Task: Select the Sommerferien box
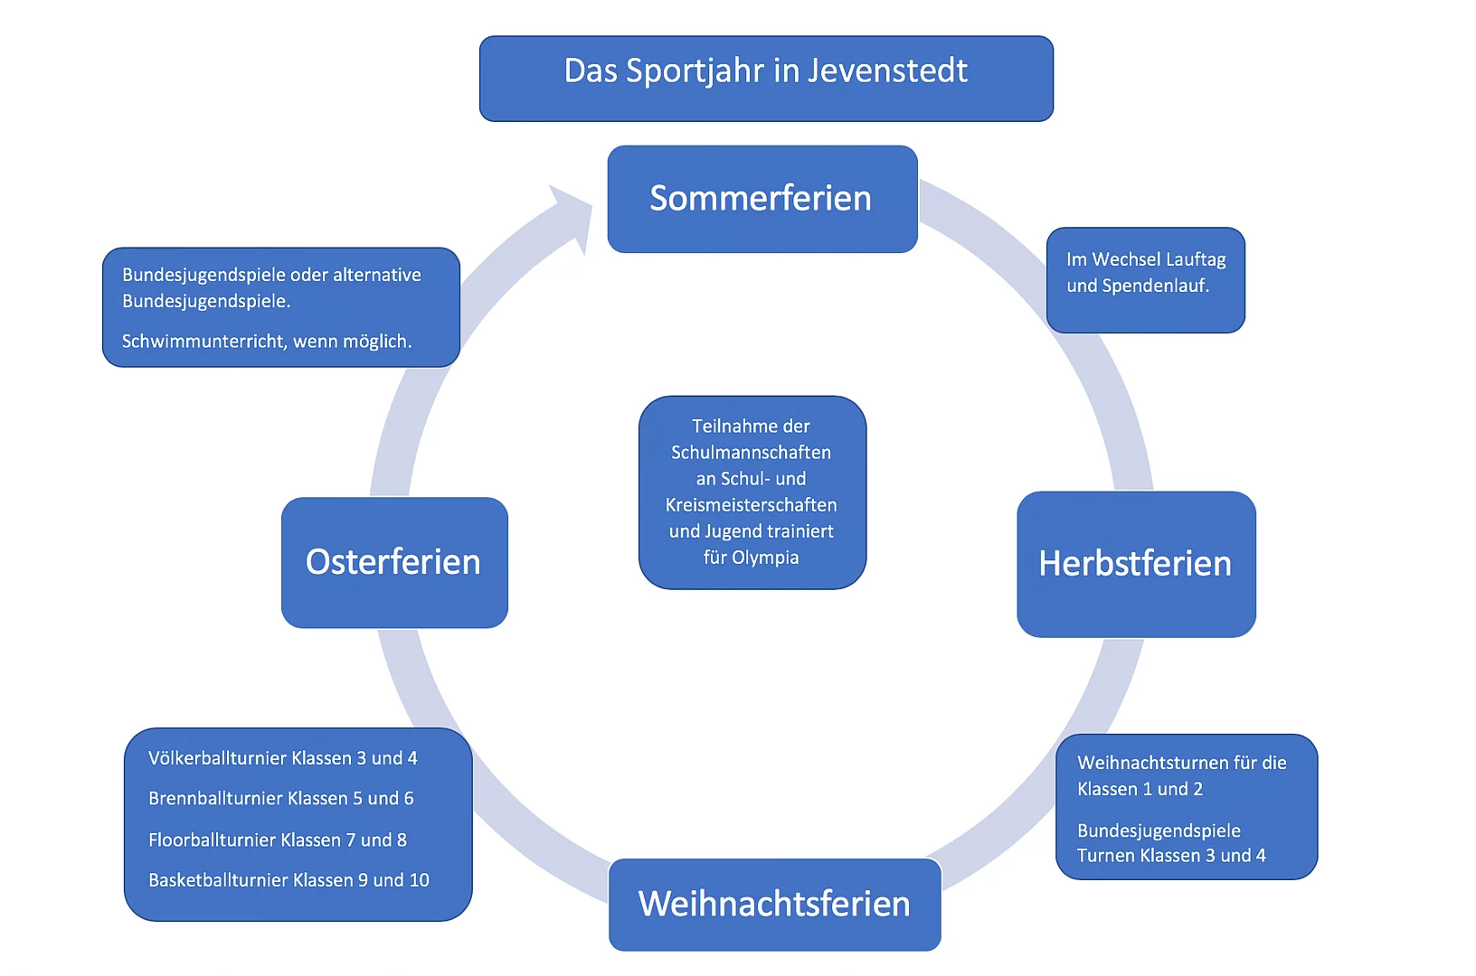point(762,199)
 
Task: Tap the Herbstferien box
point(1135,564)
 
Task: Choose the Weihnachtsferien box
point(774,904)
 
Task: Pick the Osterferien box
point(393,562)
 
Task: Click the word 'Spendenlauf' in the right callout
point(1154,286)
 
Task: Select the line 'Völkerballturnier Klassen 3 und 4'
point(282,758)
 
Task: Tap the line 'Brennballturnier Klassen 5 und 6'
point(280,799)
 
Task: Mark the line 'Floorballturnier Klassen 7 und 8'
point(277,840)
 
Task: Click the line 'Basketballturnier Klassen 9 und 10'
point(289,880)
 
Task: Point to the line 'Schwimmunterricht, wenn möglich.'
point(267,342)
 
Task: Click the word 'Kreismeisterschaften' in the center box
point(751,505)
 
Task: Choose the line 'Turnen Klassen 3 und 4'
point(1171,856)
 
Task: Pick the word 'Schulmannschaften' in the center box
point(751,453)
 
